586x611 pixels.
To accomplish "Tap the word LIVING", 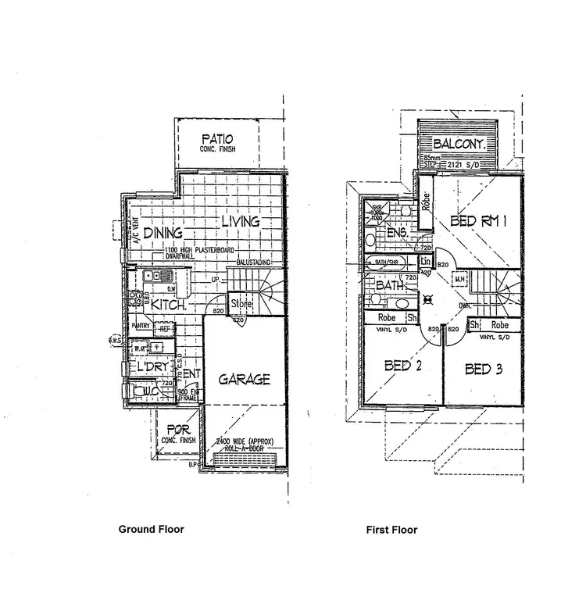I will pyautogui.click(x=240, y=222).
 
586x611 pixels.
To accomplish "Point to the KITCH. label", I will pyautogui.click(x=168, y=304).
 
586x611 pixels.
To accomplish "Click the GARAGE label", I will pyautogui.click(x=244, y=380).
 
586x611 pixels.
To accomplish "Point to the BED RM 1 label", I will pyautogui.click(x=480, y=222).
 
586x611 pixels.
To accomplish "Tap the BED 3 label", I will pyautogui.click(x=488, y=369).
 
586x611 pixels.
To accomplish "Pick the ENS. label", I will pyautogui.click(x=397, y=233).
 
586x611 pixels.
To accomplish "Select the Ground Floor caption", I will pyautogui.click(x=151, y=529).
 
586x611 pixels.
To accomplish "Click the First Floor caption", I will pyautogui.click(x=391, y=530).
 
